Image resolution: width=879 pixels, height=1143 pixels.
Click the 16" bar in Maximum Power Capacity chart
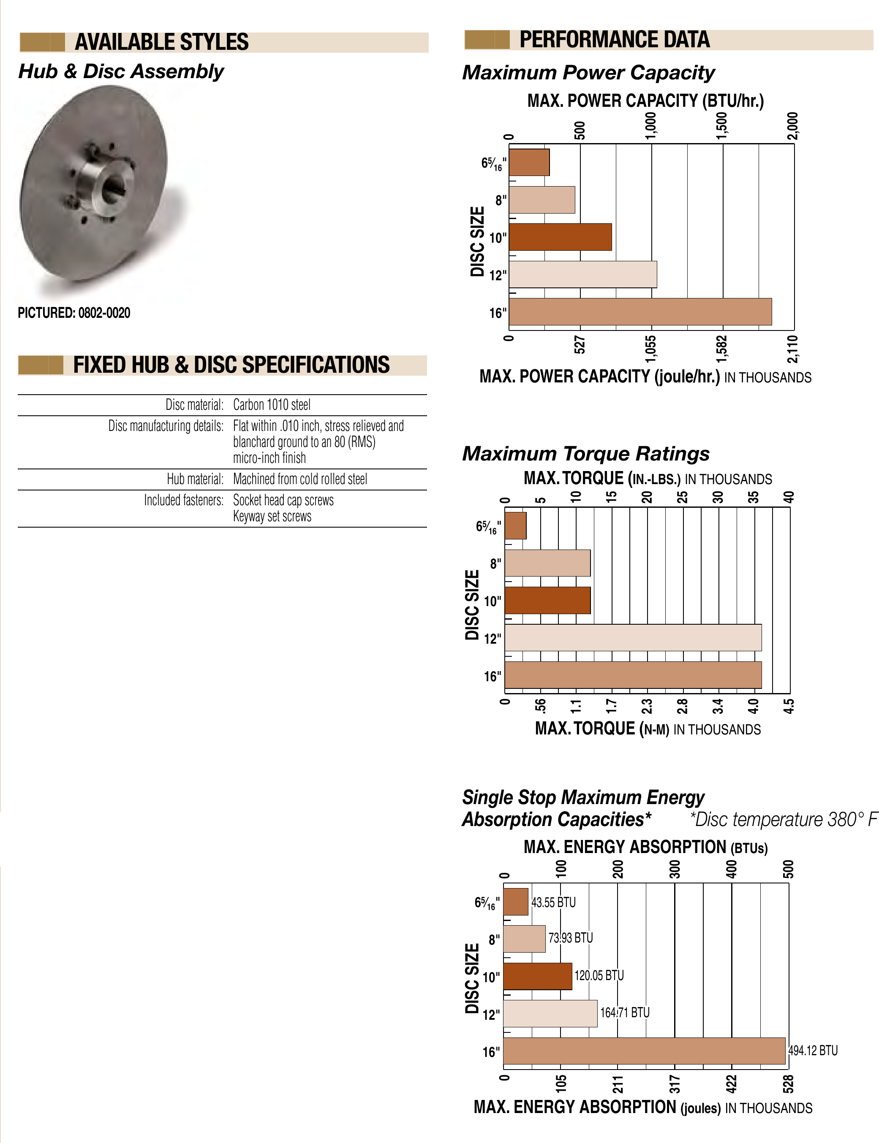[x=640, y=311]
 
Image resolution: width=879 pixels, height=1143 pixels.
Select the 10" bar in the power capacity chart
[x=560, y=237]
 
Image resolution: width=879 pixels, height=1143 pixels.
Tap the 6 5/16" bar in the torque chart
[x=515, y=525]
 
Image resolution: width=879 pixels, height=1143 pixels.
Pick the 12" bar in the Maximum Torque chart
[x=633, y=637]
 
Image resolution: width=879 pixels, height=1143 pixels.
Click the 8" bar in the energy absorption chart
[x=524, y=939]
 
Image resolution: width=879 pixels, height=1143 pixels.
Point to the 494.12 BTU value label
[x=813, y=1051]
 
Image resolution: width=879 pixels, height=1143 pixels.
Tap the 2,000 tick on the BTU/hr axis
[x=793, y=126]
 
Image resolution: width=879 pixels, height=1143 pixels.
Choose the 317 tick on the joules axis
[x=675, y=1084]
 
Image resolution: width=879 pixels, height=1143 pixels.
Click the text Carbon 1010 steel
[x=272, y=405]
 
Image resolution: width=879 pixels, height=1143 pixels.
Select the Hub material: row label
[x=195, y=479]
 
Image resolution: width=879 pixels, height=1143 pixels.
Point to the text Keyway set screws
[x=272, y=517]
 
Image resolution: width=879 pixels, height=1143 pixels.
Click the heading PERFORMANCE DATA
[x=614, y=40]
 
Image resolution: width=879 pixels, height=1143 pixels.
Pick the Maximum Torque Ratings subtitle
[x=585, y=454]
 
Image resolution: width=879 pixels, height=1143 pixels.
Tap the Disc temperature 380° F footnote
[x=783, y=819]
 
